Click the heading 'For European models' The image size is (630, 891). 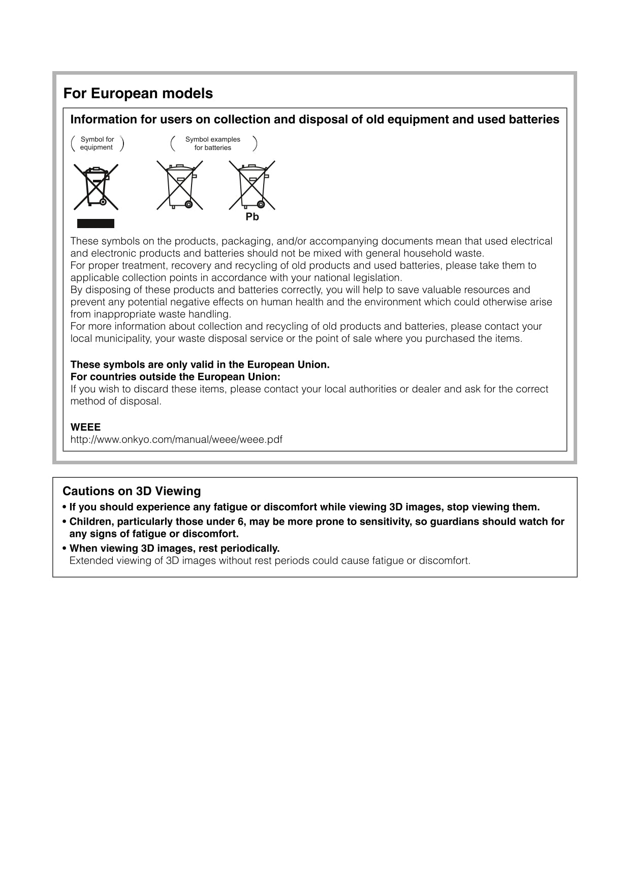(138, 93)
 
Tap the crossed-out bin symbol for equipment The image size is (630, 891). (96, 187)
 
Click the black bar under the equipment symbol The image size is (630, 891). (96, 224)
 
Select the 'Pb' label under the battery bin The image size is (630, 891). (252, 217)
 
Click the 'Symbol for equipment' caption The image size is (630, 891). (97, 143)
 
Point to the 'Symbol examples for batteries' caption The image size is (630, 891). (213, 143)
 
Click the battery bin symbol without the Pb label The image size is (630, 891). (180, 185)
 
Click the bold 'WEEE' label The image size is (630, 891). (85, 427)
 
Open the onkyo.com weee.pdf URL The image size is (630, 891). (176, 439)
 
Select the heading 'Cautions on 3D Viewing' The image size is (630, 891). (132, 491)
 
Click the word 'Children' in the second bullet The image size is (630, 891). (90, 522)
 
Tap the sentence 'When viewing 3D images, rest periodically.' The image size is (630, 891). (174, 549)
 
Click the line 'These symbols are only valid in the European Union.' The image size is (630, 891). (200, 365)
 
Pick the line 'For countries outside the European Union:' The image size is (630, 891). (175, 377)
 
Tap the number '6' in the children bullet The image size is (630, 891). (241, 522)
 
